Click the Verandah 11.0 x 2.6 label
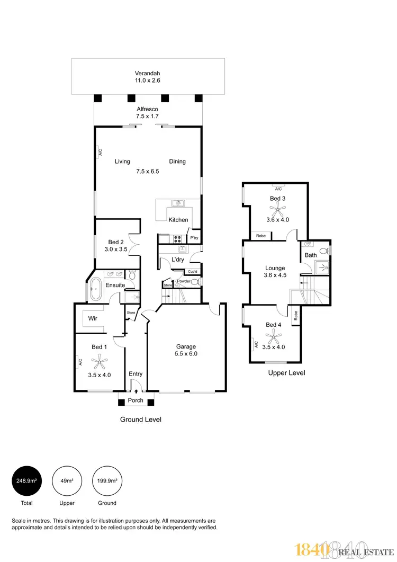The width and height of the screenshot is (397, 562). pyautogui.click(x=148, y=76)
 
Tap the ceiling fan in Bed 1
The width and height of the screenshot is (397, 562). pyautogui.click(x=99, y=363)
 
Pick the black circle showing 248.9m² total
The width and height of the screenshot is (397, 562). pyautogui.click(x=26, y=481)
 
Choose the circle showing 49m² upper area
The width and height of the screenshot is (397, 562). pyautogui.click(x=67, y=481)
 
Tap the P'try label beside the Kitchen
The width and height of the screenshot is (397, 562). pyautogui.click(x=194, y=238)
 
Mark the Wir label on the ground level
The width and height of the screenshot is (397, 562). pyautogui.click(x=92, y=319)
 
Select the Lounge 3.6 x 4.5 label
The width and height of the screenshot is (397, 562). pyautogui.click(x=275, y=272)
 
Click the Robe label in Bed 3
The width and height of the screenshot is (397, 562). pyautogui.click(x=260, y=236)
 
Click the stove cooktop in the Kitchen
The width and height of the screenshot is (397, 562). pyautogui.click(x=177, y=238)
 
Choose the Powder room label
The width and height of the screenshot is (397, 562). pyautogui.click(x=184, y=281)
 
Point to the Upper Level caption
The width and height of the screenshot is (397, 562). pyautogui.click(x=286, y=373)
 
